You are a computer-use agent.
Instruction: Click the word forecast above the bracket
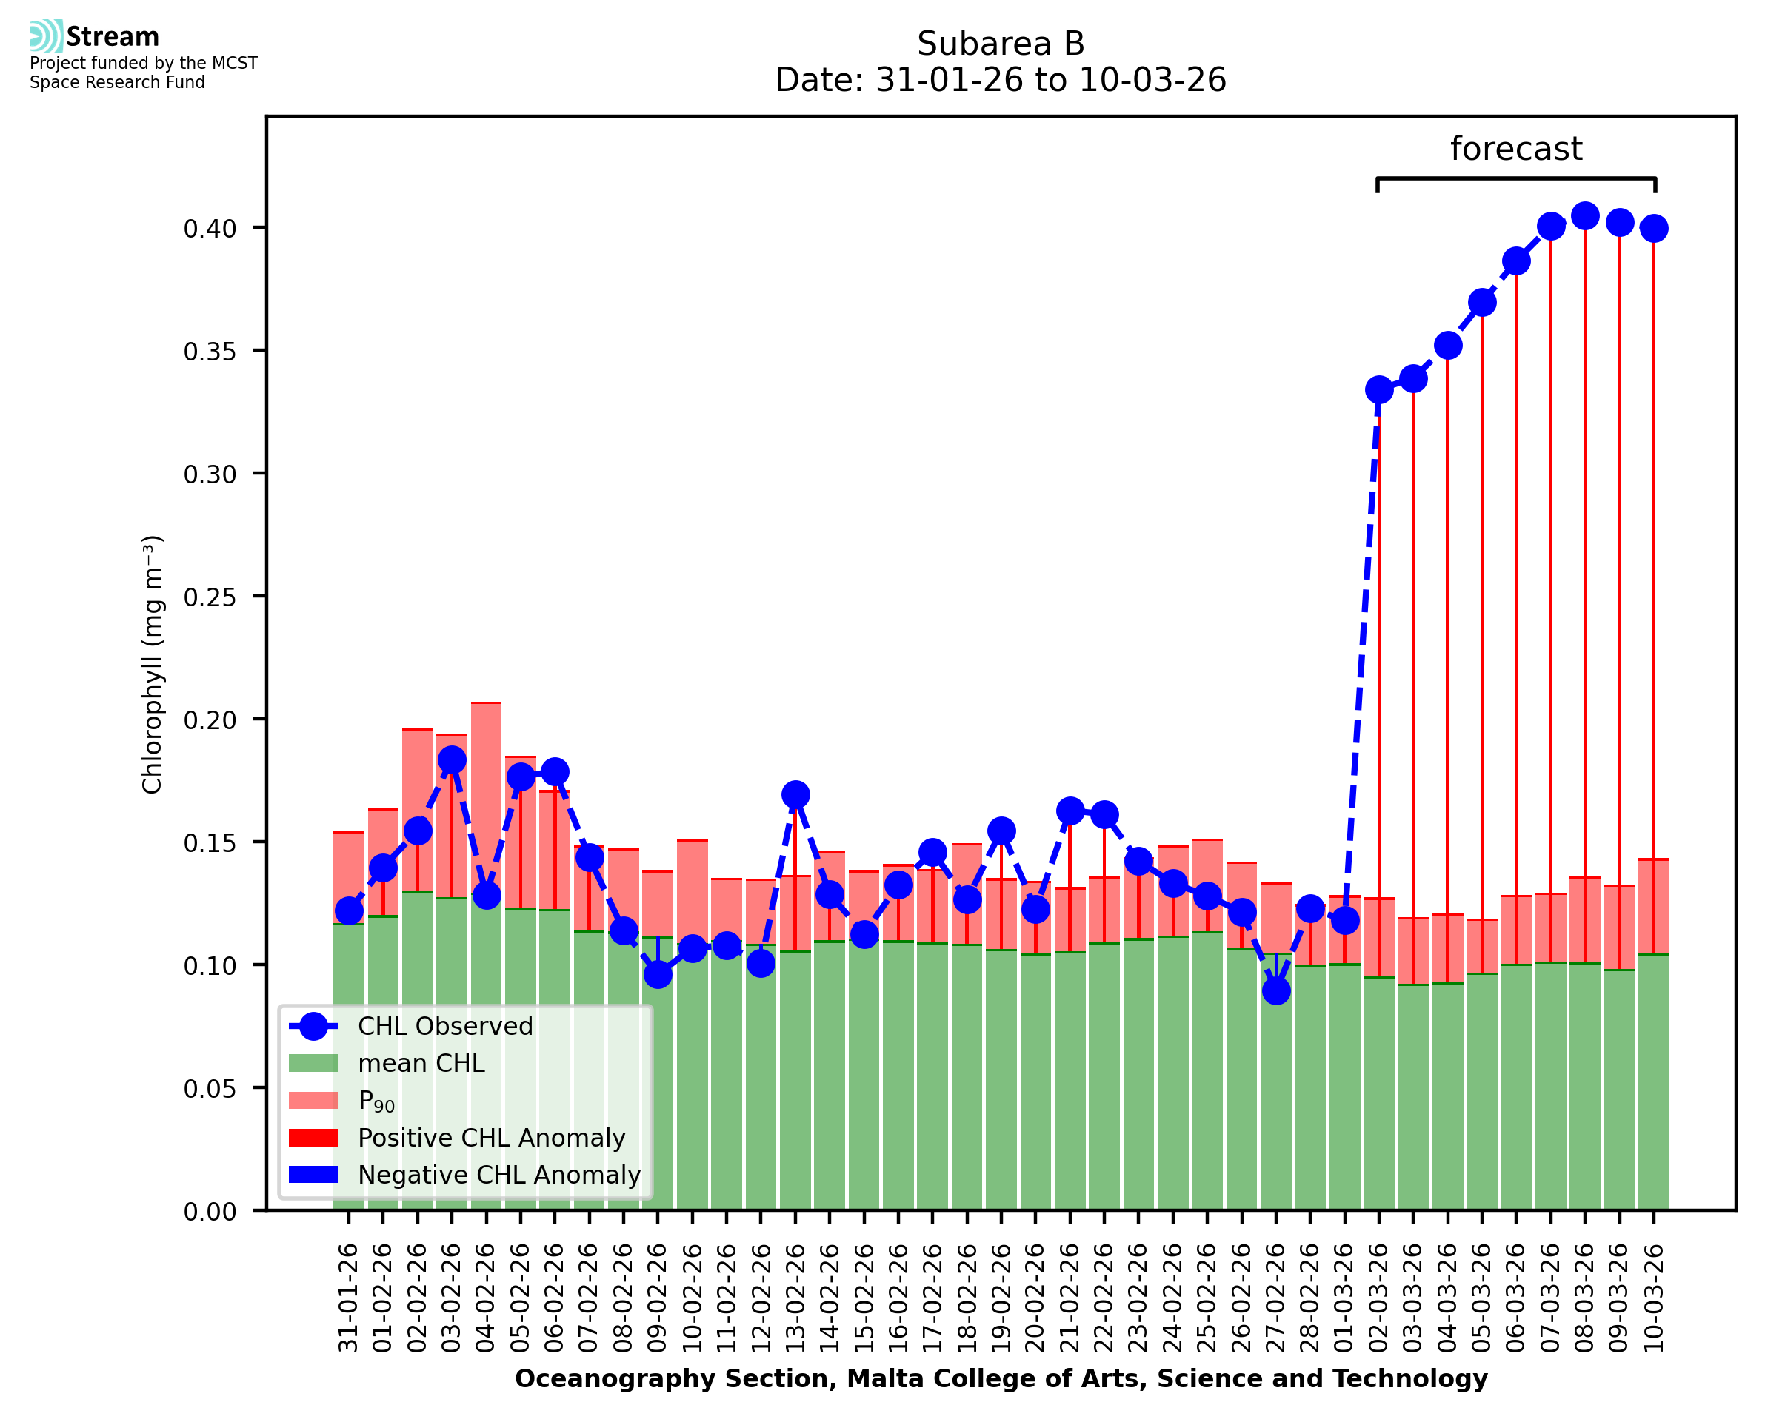tap(1515, 149)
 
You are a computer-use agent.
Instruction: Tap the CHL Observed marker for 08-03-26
tap(1584, 216)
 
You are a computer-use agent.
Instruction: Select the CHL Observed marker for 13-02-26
tap(795, 794)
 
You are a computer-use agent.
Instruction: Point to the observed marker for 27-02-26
tap(1276, 991)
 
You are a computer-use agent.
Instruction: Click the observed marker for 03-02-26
tap(452, 760)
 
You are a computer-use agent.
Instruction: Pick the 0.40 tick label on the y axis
tap(210, 229)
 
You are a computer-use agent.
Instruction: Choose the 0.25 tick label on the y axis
tap(210, 597)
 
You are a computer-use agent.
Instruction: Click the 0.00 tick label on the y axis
tap(210, 1212)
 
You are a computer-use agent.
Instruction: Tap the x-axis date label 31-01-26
tap(349, 1298)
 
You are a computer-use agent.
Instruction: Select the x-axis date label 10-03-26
tap(1654, 1298)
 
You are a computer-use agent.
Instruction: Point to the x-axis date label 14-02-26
tap(830, 1298)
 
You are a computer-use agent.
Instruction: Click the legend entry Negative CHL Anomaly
tap(498, 1175)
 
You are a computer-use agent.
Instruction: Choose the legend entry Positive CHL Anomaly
tap(491, 1138)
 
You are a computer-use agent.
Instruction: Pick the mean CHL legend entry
tap(421, 1063)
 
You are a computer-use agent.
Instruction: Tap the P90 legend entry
tap(376, 1101)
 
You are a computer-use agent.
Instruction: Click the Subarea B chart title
tap(1000, 44)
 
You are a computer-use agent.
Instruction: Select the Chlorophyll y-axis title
tap(153, 664)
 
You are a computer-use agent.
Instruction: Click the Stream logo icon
tap(46, 36)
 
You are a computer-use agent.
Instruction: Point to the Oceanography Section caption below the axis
tap(1001, 1379)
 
